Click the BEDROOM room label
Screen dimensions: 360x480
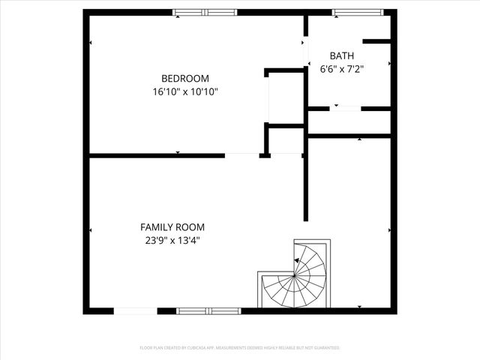[185, 78]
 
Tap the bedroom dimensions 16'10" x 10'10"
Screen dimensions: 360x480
[185, 91]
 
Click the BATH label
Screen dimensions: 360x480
[342, 55]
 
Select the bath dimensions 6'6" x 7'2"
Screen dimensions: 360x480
[342, 69]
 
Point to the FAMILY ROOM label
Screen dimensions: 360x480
[172, 226]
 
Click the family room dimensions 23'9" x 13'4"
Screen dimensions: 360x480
[172, 241]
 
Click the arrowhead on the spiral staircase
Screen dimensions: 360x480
[297, 260]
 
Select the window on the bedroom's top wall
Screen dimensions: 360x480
[205, 12]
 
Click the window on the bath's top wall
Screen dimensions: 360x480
[357, 12]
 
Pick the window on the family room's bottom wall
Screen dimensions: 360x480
[208, 310]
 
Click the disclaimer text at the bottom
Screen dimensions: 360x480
[240, 348]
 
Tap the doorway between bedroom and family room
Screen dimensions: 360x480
[241, 155]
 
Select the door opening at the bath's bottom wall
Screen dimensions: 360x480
[345, 109]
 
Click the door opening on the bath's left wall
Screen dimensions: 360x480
[306, 51]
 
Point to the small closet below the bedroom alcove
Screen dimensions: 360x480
[286, 140]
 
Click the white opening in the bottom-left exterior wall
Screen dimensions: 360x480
[136, 310]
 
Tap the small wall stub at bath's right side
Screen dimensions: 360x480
[376, 40]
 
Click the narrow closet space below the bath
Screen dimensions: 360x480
[349, 122]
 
